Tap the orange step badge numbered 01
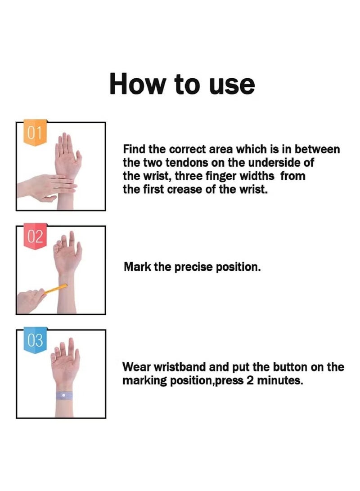[34, 133]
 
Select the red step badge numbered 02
[35, 237]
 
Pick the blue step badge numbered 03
[35, 340]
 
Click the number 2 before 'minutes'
[250, 380]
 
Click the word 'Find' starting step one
[133, 149]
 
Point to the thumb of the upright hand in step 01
[78, 156]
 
